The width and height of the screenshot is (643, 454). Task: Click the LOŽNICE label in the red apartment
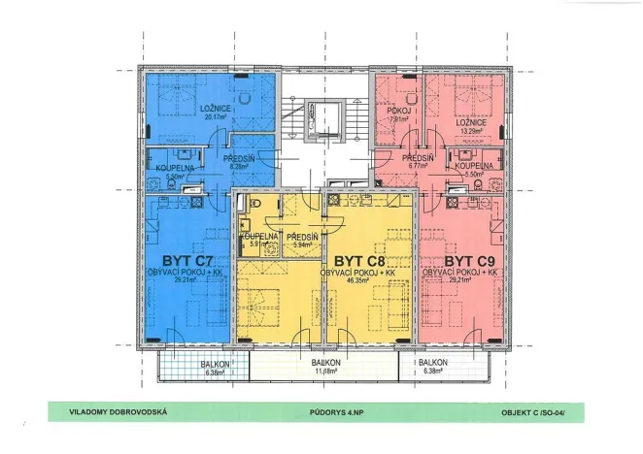coord(474,122)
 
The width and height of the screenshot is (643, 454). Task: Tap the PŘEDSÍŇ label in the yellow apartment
coord(304,236)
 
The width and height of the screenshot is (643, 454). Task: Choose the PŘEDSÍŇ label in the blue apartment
coord(239,157)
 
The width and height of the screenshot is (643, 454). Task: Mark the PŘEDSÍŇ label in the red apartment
coord(419,157)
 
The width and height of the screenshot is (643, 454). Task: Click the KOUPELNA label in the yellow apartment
coord(261,236)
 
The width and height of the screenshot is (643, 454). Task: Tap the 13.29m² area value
coord(474,131)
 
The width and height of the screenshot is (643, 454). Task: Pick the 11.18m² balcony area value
coord(324,370)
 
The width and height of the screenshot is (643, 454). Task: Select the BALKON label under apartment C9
coord(434,362)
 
